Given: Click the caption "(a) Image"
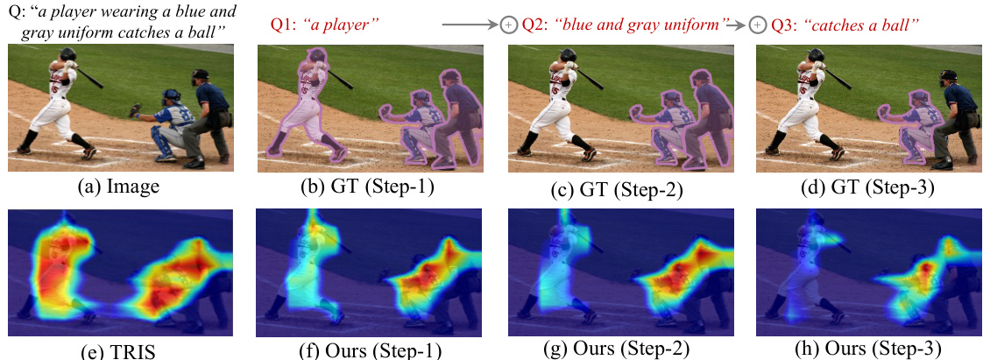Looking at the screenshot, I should pyautogui.click(x=121, y=186).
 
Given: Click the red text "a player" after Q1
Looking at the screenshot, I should pyautogui.click(x=345, y=25).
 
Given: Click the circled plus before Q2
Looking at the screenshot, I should pyautogui.click(x=508, y=25).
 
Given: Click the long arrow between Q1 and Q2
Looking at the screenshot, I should pyautogui.click(x=470, y=25).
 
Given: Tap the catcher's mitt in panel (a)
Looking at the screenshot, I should pyautogui.click(x=134, y=110).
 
